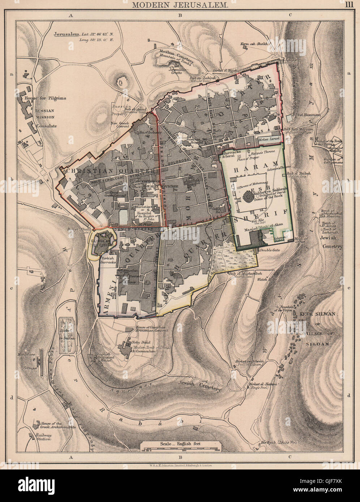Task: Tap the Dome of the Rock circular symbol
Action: (249, 197)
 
